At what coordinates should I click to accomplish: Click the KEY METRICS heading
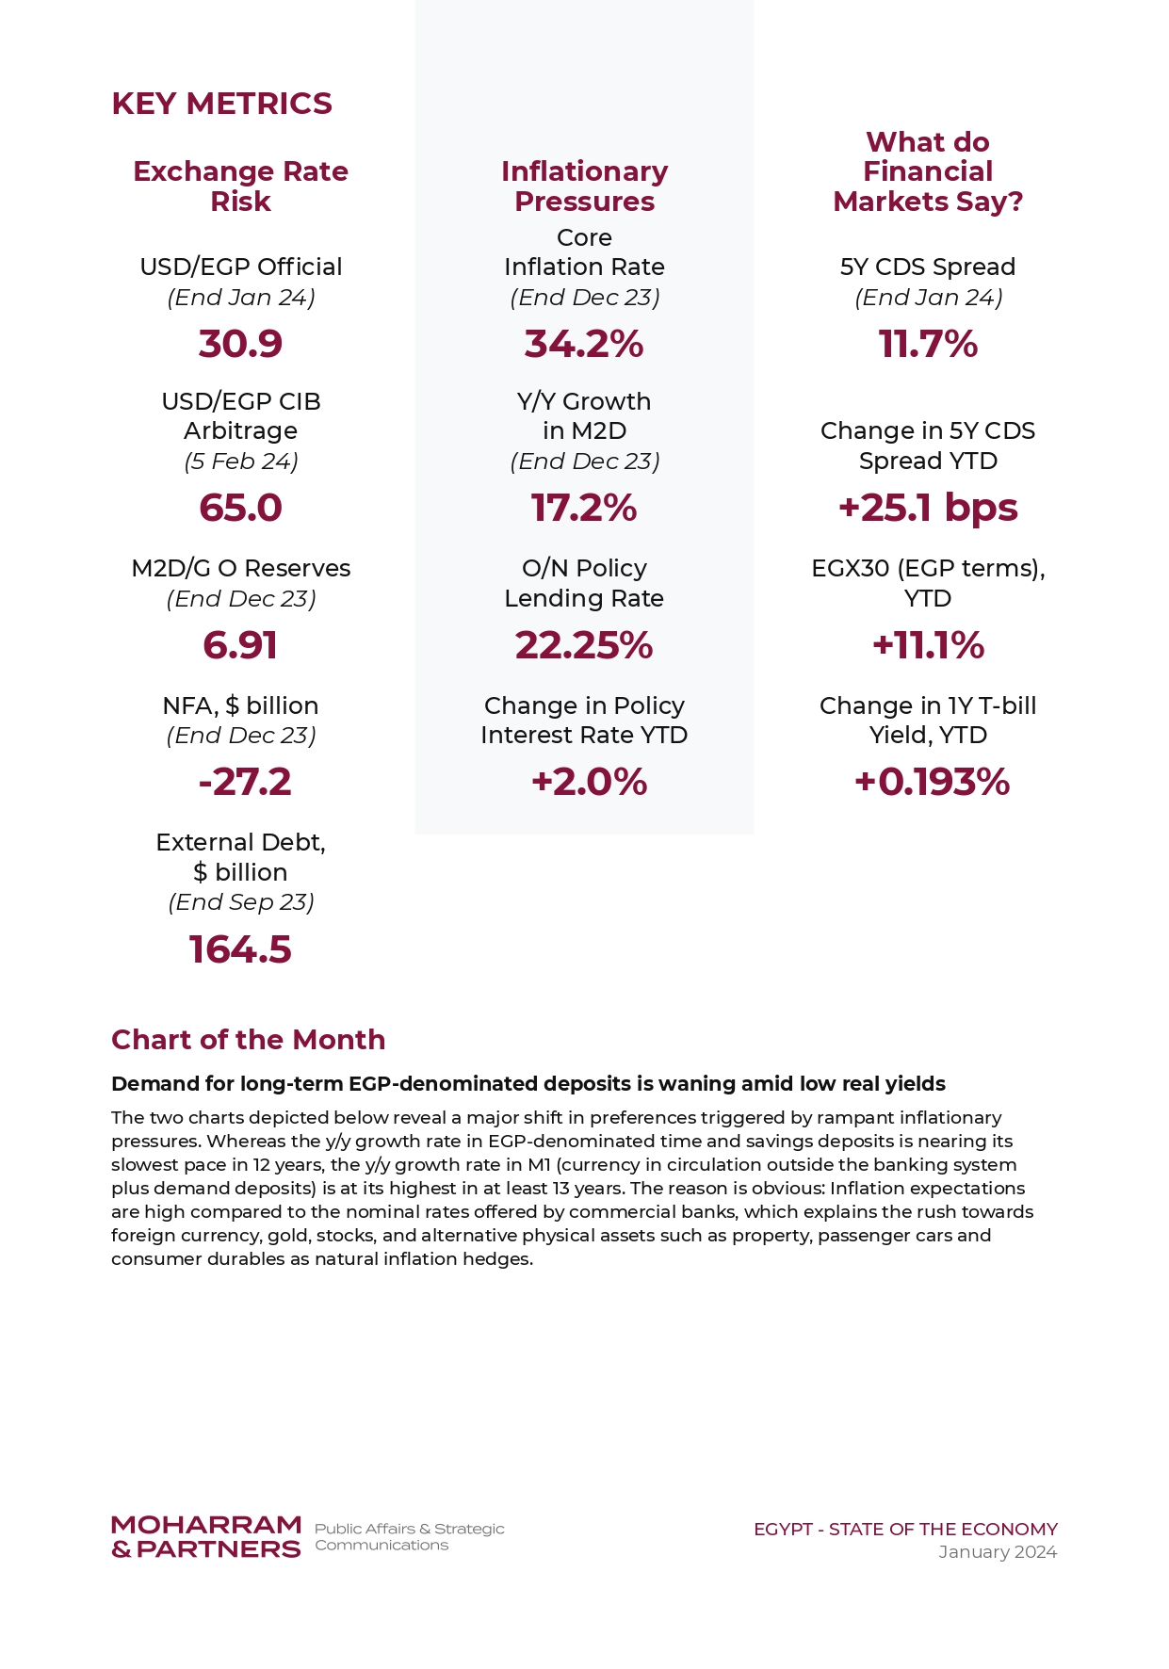pyautogui.click(x=221, y=104)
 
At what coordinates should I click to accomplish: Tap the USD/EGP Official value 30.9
pyautogui.click(x=240, y=344)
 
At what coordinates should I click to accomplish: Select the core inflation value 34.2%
pyautogui.click(x=584, y=344)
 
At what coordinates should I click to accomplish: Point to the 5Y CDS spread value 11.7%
pyautogui.click(x=928, y=344)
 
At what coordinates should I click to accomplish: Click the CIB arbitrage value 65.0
pyautogui.click(x=240, y=508)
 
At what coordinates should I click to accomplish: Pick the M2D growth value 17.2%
pyautogui.click(x=584, y=508)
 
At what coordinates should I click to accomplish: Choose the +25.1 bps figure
pyautogui.click(x=928, y=508)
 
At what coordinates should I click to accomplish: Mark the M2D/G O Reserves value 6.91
pyautogui.click(x=240, y=645)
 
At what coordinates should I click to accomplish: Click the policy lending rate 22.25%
pyautogui.click(x=584, y=645)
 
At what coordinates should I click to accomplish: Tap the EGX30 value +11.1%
pyautogui.click(x=928, y=645)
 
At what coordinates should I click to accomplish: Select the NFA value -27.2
pyautogui.click(x=245, y=782)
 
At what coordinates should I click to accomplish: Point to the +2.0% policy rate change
pyautogui.click(x=589, y=782)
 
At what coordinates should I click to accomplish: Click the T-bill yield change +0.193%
pyautogui.click(x=932, y=782)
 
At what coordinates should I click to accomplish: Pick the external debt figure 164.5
pyautogui.click(x=240, y=949)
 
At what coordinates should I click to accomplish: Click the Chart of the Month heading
pyautogui.click(x=249, y=1039)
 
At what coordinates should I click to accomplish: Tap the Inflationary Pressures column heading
pyautogui.click(x=584, y=186)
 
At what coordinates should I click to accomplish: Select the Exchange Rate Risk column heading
pyautogui.click(x=240, y=186)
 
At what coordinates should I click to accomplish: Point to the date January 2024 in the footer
pyautogui.click(x=998, y=1551)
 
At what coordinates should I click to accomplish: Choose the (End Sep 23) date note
pyautogui.click(x=241, y=902)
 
